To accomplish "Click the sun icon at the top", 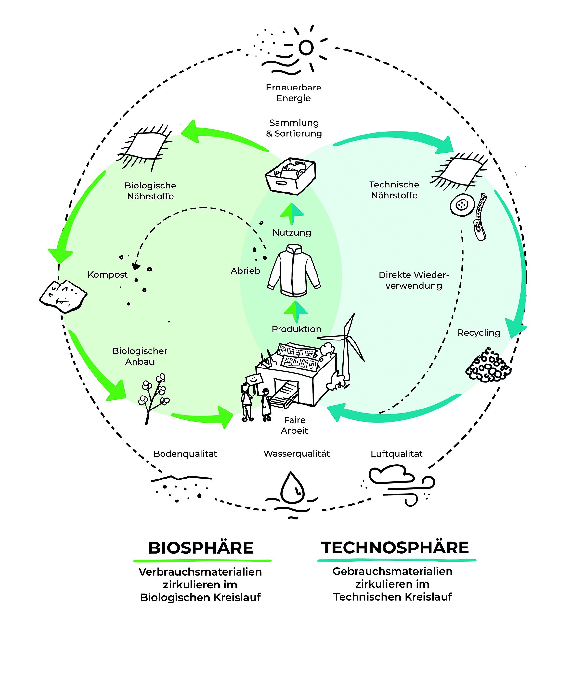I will tap(306, 48).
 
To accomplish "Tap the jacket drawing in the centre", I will tap(294, 268).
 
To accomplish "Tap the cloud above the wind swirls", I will tap(390, 474).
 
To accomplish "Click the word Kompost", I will tap(108, 275).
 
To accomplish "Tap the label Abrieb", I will tap(245, 271).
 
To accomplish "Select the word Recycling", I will tap(478, 333).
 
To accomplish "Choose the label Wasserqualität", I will tap(296, 454).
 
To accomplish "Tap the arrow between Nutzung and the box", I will tap(292, 214).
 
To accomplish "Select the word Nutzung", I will tap(292, 233).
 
